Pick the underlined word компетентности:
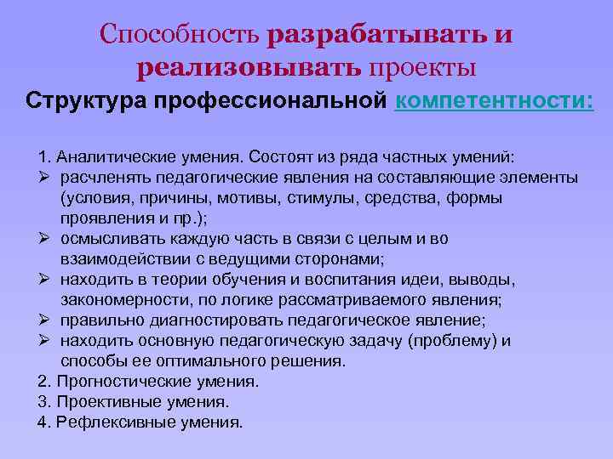(x=494, y=102)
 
